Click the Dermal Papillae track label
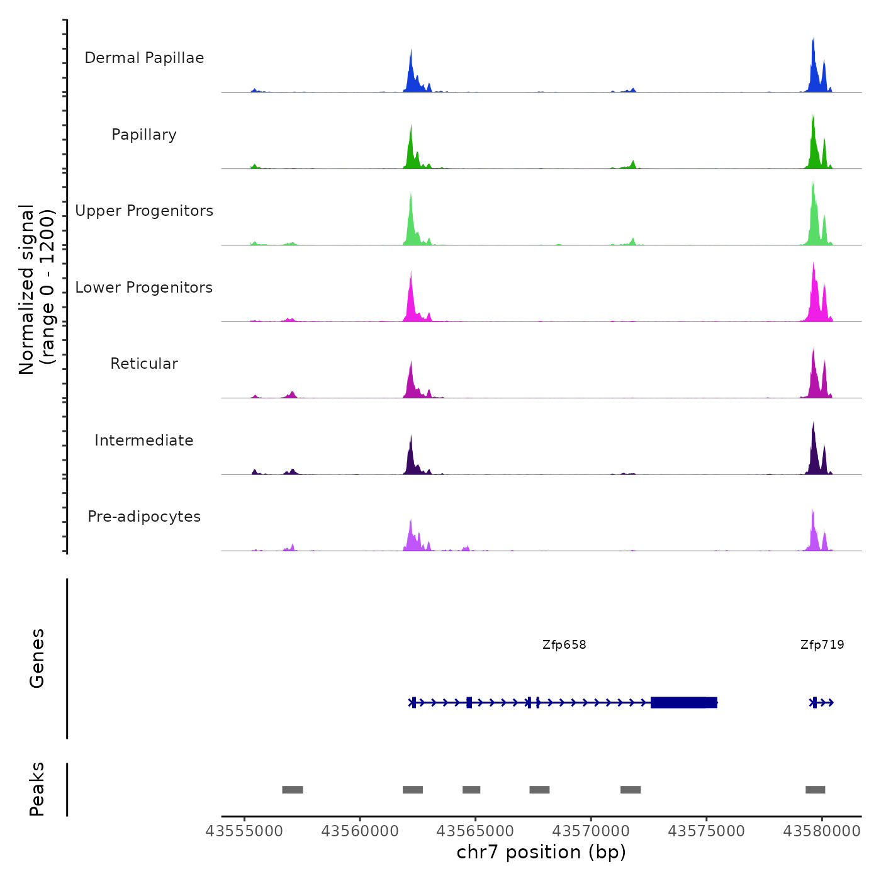144,58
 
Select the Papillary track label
144,135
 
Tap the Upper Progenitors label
144,211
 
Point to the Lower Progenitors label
144,288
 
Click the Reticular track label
144,364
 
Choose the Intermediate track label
144,441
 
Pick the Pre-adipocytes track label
144,517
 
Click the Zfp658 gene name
564,645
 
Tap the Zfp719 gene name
822,645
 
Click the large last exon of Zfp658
683,702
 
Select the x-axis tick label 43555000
245,831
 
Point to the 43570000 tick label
591,831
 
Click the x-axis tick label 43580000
821,831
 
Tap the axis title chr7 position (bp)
541,852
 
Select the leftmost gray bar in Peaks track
293,790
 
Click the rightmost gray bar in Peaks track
815,790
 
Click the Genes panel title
36,658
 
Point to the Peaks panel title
36,789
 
